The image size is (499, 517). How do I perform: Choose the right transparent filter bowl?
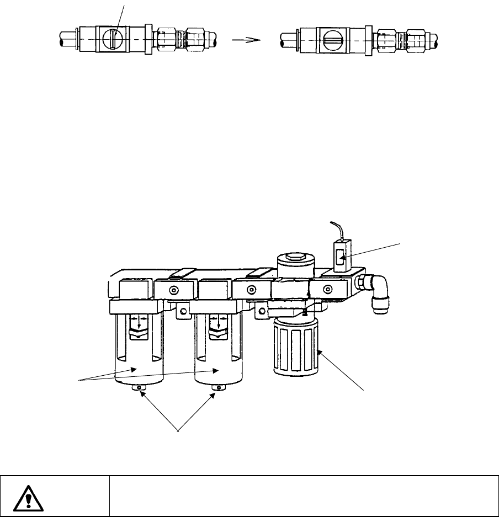tap(219, 353)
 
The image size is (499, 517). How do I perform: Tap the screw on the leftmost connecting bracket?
tap(174, 290)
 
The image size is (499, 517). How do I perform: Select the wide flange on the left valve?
tap(148, 40)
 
